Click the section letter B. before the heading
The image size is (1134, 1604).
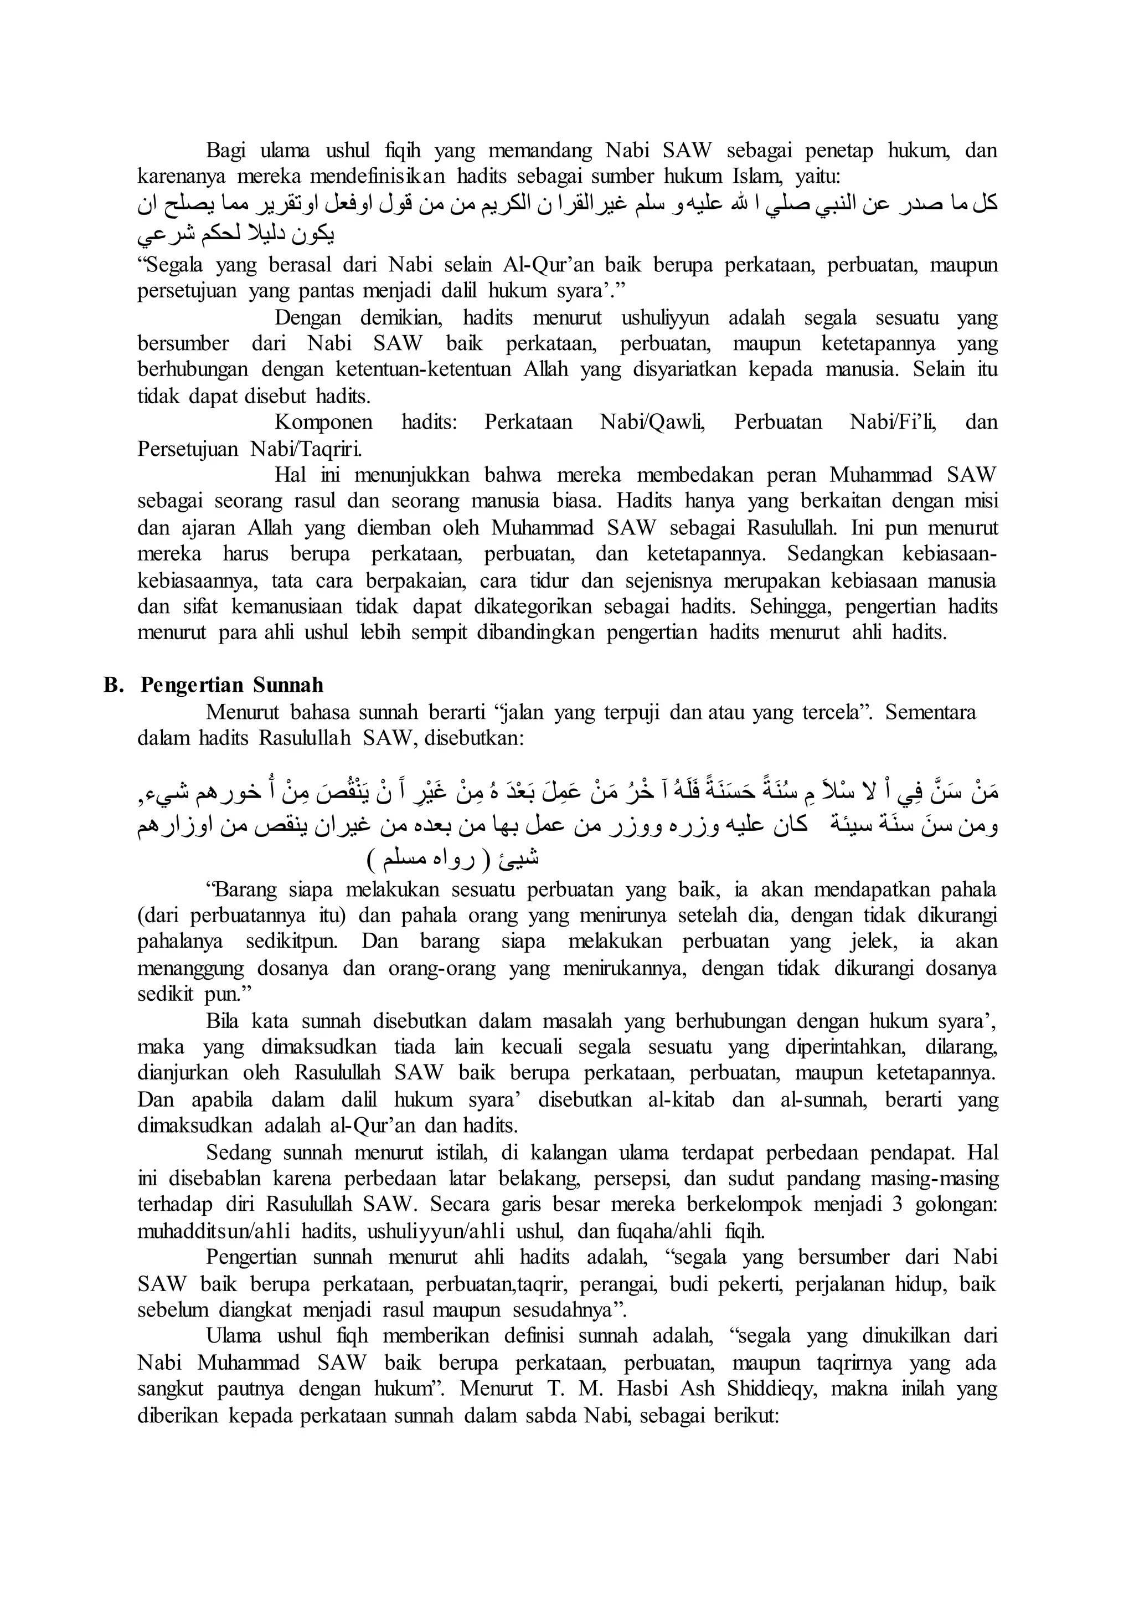(113, 685)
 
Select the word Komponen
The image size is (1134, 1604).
(323, 422)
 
